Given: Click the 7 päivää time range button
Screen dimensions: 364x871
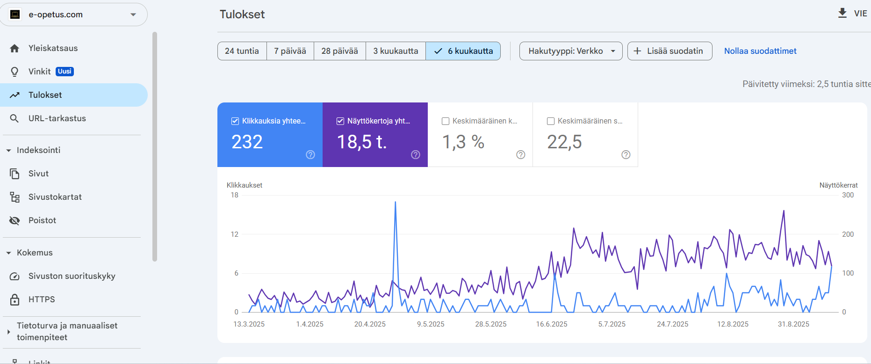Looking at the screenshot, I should tap(290, 51).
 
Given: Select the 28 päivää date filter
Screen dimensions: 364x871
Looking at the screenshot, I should tap(339, 51).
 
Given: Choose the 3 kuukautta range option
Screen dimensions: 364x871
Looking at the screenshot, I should tap(396, 51).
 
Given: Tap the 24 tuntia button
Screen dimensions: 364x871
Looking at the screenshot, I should tap(242, 51).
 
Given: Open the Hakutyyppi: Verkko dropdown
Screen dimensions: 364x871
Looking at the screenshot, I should tap(571, 51).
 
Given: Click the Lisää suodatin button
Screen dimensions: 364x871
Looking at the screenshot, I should tap(669, 51).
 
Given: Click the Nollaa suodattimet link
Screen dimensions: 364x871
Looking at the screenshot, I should tap(760, 51).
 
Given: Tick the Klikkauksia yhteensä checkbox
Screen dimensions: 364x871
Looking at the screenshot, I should tap(236, 121).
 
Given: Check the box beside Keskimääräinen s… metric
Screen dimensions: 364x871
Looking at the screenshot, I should tap(551, 121).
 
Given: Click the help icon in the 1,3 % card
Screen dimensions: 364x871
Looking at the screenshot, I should tap(520, 155).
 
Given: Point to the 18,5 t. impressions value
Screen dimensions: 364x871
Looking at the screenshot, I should tap(362, 142).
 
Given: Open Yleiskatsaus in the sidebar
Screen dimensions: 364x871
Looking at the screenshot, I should tap(53, 48).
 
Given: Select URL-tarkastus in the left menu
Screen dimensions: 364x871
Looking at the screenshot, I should tap(57, 118).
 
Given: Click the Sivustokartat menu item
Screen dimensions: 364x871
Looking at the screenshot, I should tap(55, 197).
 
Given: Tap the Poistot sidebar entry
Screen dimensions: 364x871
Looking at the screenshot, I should tap(42, 220).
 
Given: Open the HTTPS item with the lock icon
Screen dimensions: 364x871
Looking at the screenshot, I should tap(41, 299).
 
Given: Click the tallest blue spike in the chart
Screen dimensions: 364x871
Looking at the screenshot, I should tap(396, 203).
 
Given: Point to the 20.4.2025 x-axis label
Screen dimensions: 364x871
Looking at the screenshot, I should tap(370, 324).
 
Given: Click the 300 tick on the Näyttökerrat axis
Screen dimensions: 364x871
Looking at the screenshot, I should tap(848, 195).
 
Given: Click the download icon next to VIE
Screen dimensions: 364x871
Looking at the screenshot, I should tap(842, 13).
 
